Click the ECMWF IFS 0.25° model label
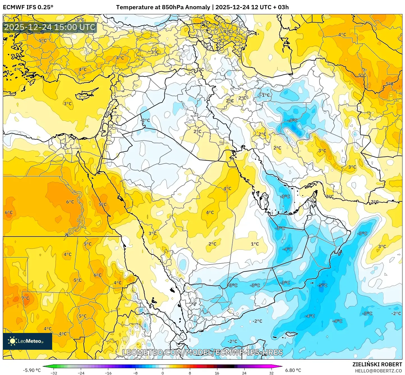pyautogui.click(x=28, y=7)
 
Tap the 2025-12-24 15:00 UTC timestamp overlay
pyautogui.click(x=50, y=27)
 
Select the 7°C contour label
pyautogui.click(x=25, y=298)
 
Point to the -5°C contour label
pyautogui.click(x=322, y=285)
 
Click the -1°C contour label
pyautogui.click(x=264, y=95)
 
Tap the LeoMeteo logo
pyautogui.click(x=27, y=341)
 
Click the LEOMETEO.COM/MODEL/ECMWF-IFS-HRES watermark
pyautogui.click(x=202, y=352)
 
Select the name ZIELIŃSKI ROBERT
pyautogui.click(x=377, y=364)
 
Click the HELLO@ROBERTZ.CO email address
pyautogui.click(x=378, y=371)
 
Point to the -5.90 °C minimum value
pyautogui.click(x=32, y=370)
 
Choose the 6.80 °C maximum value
pyautogui.click(x=293, y=370)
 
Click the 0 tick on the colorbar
pyautogui.click(x=163, y=373)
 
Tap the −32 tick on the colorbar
pyautogui.click(x=54, y=373)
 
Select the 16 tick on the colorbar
pyautogui.click(x=217, y=373)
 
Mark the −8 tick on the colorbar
pyautogui.click(x=135, y=373)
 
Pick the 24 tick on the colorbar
pyautogui.click(x=244, y=373)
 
